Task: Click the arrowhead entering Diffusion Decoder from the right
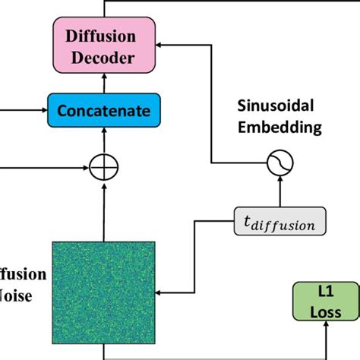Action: [161, 45]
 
